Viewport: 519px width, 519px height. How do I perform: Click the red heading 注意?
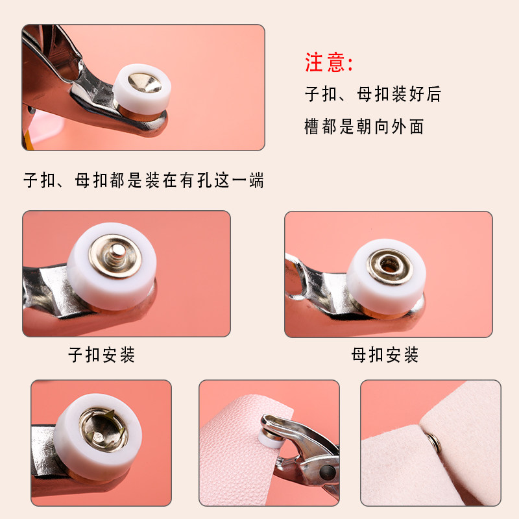[329, 62]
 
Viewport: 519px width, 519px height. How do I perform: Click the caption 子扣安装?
[102, 355]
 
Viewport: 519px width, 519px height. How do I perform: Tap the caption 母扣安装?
[385, 355]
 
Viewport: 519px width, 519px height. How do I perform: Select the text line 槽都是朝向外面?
[364, 127]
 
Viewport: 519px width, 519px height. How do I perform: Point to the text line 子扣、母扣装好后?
[373, 93]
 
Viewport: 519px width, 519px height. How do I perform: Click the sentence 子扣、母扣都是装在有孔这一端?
[143, 180]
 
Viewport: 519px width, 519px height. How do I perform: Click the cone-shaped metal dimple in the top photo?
[145, 83]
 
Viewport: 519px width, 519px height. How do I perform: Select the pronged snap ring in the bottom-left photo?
[104, 429]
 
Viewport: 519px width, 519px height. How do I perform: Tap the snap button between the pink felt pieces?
[433, 442]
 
